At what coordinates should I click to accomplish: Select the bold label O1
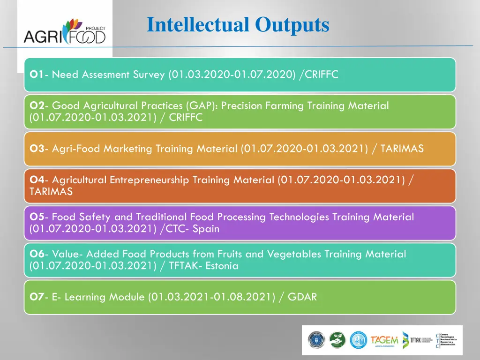(x=37, y=75)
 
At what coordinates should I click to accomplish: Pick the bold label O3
(x=37, y=149)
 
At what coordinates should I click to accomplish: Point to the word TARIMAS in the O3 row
(x=402, y=149)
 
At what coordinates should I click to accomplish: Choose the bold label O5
(x=37, y=217)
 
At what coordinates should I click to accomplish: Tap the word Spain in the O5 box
(x=206, y=229)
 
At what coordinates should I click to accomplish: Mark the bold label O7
(x=37, y=297)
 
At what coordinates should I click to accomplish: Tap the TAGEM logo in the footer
(x=384, y=340)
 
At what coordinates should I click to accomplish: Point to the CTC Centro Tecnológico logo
(x=446, y=340)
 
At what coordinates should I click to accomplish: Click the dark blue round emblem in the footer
(x=315, y=340)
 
